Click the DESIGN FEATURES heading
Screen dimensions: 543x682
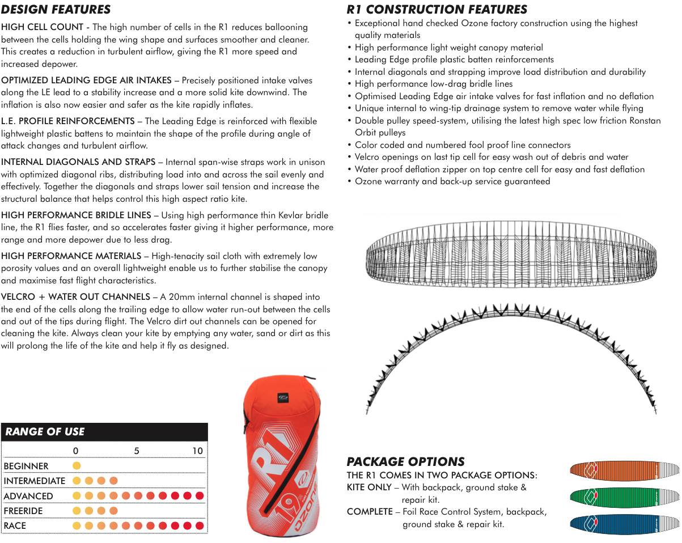(56, 10)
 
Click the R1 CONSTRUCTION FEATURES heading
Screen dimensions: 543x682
(437, 10)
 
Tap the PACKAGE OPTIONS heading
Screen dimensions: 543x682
(405, 462)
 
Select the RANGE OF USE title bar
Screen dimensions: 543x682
(104, 432)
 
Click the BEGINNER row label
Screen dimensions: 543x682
(26, 466)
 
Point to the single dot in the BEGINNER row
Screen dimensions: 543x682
(77, 466)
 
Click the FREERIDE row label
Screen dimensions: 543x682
(23, 511)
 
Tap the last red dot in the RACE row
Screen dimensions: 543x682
(199, 526)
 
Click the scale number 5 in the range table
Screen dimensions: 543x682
(137, 451)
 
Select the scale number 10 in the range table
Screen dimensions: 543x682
(197, 451)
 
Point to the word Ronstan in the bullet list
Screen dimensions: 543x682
(645, 121)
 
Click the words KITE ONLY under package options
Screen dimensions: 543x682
(368, 487)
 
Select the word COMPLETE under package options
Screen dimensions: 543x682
(369, 512)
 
